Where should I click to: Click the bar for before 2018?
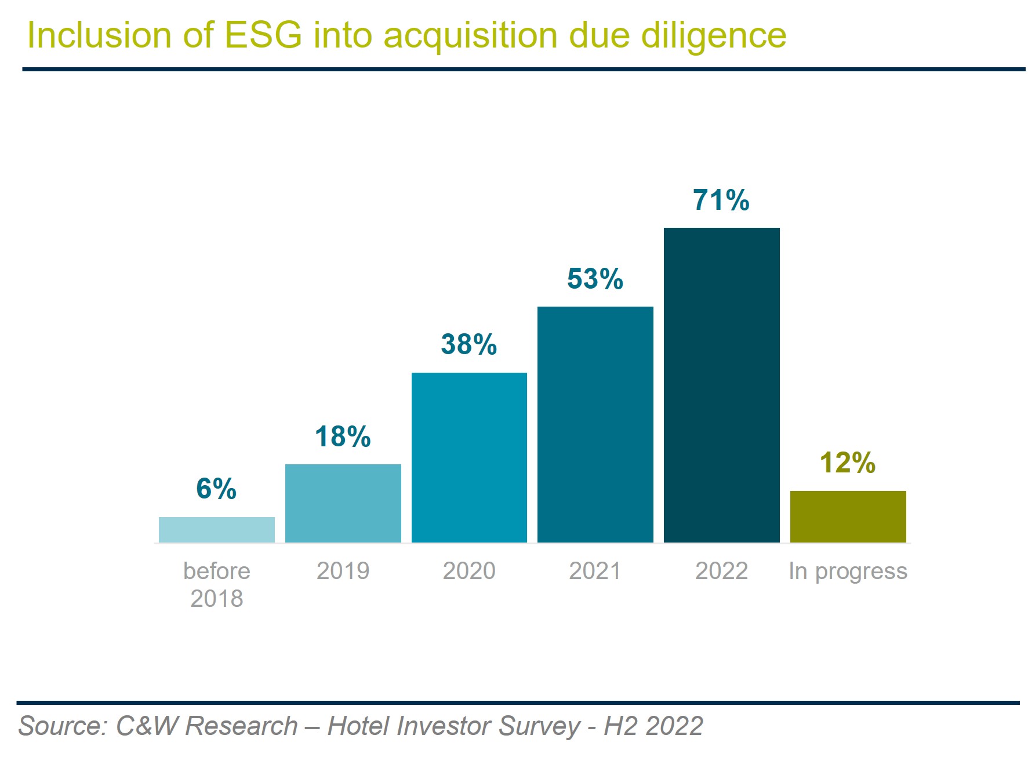click(x=216, y=530)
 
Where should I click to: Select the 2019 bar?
click(x=343, y=503)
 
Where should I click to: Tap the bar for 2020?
click(x=469, y=457)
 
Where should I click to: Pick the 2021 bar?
click(x=595, y=424)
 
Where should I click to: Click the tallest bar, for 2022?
click(x=721, y=385)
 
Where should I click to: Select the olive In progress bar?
click(x=848, y=516)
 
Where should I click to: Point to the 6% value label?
click(x=216, y=489)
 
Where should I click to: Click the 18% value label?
click(x=343, y=436)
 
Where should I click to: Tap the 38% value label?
click(x=469, y=344)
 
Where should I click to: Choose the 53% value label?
click(x=595, y=279)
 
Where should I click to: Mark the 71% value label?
click(x=721, y=200)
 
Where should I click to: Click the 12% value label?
click(x=848, y=463)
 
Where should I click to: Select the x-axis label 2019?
click(x=343, y=571)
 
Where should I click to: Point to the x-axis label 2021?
click(x=595, y=571)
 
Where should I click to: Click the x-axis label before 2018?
click(x=216, y=584)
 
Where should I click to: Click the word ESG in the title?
click(x=263, y=35)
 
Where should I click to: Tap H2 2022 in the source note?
click(x=653, y=726)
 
